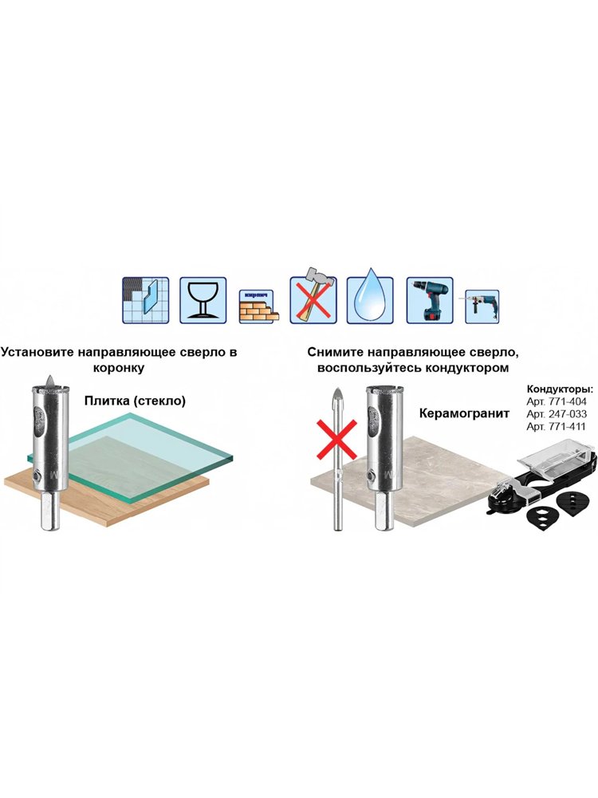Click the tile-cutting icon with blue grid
(x=145, y=300)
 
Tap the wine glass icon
(x=203, y=300)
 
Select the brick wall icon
(x=258, y=306)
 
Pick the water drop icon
(x=370, y=300)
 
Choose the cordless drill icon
(x=430, y=300)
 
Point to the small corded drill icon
(x=482, y=306)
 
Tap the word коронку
(x=119, y=367)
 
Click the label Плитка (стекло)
(x=135, y=401)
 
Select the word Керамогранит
(x=464, y=413)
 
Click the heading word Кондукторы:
(x=560, y=390)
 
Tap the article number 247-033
(x=567, y=414)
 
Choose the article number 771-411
(x=566, y=426)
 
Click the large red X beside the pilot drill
(x=336, y=440)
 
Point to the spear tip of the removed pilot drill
(x=337, y=389)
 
